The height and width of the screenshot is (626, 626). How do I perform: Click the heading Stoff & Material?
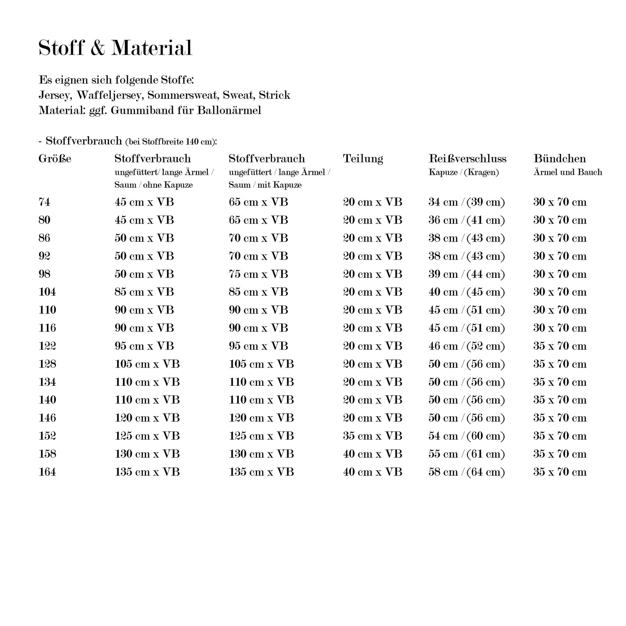tap(115, 48)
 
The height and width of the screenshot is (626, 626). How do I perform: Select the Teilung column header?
tap(363, 159)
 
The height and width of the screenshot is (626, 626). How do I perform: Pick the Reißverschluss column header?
tap(467, 159)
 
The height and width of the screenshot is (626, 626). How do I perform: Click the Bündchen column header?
tap(559, 159)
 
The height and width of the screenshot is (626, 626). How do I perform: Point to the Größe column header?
tap(55, 159)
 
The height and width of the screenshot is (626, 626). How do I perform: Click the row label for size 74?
tap(44, 202)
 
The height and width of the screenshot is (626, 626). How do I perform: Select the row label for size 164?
tap(47, 472)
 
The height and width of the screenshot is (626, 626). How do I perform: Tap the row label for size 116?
tap(47, 328)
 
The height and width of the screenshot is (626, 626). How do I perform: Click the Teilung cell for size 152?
tap(373, 436)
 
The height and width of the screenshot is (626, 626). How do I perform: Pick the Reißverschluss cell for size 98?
tap(467, 274)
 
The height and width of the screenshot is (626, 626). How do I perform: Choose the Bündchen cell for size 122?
tap(560, 346)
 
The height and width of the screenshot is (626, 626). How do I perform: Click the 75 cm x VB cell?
tap(258, 274)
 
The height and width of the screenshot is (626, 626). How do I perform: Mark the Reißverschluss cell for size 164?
tap(467, 472)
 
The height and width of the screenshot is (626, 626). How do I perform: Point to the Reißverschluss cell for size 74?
tap(467, 202)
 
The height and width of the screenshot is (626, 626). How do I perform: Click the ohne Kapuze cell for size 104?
tap(144, 292)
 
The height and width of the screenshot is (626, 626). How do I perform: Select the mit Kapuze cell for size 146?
tap(261, 418)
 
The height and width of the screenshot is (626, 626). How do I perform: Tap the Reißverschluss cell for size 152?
tap(467, 436)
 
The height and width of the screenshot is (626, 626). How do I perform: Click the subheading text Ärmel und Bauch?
tap(568, 173)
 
